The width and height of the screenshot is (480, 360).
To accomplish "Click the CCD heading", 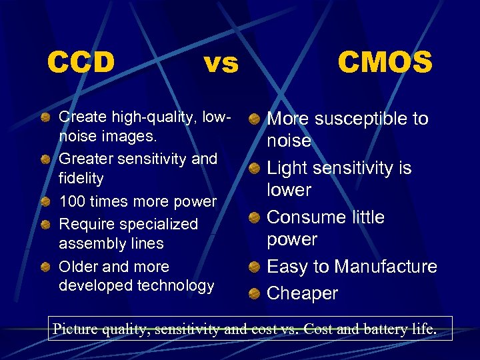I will pos(81,63).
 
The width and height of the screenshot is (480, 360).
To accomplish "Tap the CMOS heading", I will pos(385,63).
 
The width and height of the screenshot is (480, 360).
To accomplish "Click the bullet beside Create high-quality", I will pos(45,118).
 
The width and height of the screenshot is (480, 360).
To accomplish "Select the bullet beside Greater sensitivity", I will pos(45,160).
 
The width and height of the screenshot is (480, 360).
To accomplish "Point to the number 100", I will pos(72,201).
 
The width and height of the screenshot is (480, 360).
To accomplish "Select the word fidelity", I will pos(81,179).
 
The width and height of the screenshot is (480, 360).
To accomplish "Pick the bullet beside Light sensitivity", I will pos(254,169).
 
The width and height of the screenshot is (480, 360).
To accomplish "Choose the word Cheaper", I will pos(302,293).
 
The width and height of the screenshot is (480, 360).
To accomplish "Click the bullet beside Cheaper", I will pos(254,294).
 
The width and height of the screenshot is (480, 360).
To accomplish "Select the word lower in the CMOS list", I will pos(289,190).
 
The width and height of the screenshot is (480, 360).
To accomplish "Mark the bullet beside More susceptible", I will pos(254,120).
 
